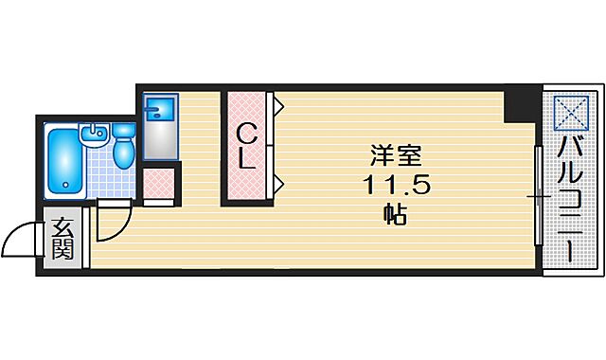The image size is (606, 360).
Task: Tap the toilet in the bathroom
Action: (x=124, y=146)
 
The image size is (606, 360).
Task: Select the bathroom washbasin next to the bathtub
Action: (x=95, y=135)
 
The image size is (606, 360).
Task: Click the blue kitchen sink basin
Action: (x=155, y=108)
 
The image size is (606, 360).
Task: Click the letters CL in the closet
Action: (x=245, y=145)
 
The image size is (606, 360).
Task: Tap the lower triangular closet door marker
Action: (x=278, y=182)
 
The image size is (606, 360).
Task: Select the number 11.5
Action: (x=396, y=185)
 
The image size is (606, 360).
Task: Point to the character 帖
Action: (x=395, y=214)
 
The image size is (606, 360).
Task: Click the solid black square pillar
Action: (x=519, y=105)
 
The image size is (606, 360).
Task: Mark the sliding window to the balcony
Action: (x=539, y=197)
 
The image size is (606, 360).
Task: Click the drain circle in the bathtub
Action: (x=65, y=185)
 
